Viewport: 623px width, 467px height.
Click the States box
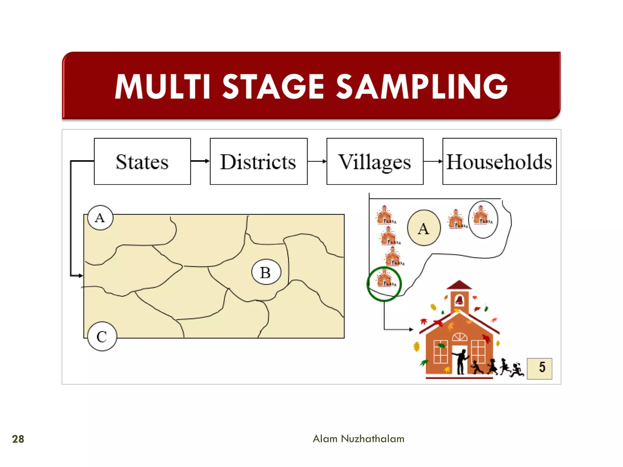pyautogui.click(x=142, y=161)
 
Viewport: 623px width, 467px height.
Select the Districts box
pyautogui.click(x=259, y=161)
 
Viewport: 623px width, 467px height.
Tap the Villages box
pyautogui.click(x=375, y=161)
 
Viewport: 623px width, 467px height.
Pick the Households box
pyautogui.click(x=499, y=161)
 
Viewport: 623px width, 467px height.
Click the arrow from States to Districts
pyautogui.click(x=200, y=161)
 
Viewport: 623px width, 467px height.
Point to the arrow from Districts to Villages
pyautogui.click(x=317, y=161)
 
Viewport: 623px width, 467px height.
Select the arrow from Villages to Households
pyautogui.click(x=433, y=161)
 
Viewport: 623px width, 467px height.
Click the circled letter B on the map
pyautogui.click(x=266, y=272)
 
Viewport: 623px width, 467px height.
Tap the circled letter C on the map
pyautogui.click(x=102, y=337)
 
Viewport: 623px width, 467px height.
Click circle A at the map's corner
pyautogui.click(x=100, y=218)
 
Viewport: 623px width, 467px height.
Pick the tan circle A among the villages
pyautogui.click(x=424, y=228)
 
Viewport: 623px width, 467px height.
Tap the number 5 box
pyautogui.click(x=539, y=368)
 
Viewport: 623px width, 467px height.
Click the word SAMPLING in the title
pyautogui.click(x=422, y=86)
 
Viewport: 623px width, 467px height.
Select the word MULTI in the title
pyautogui.click(x=163, y=86)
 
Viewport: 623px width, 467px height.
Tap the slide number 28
pyautogui.click(x=18, y=439)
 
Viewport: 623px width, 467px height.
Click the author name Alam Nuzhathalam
pyautogui.click(x=358, y=439)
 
